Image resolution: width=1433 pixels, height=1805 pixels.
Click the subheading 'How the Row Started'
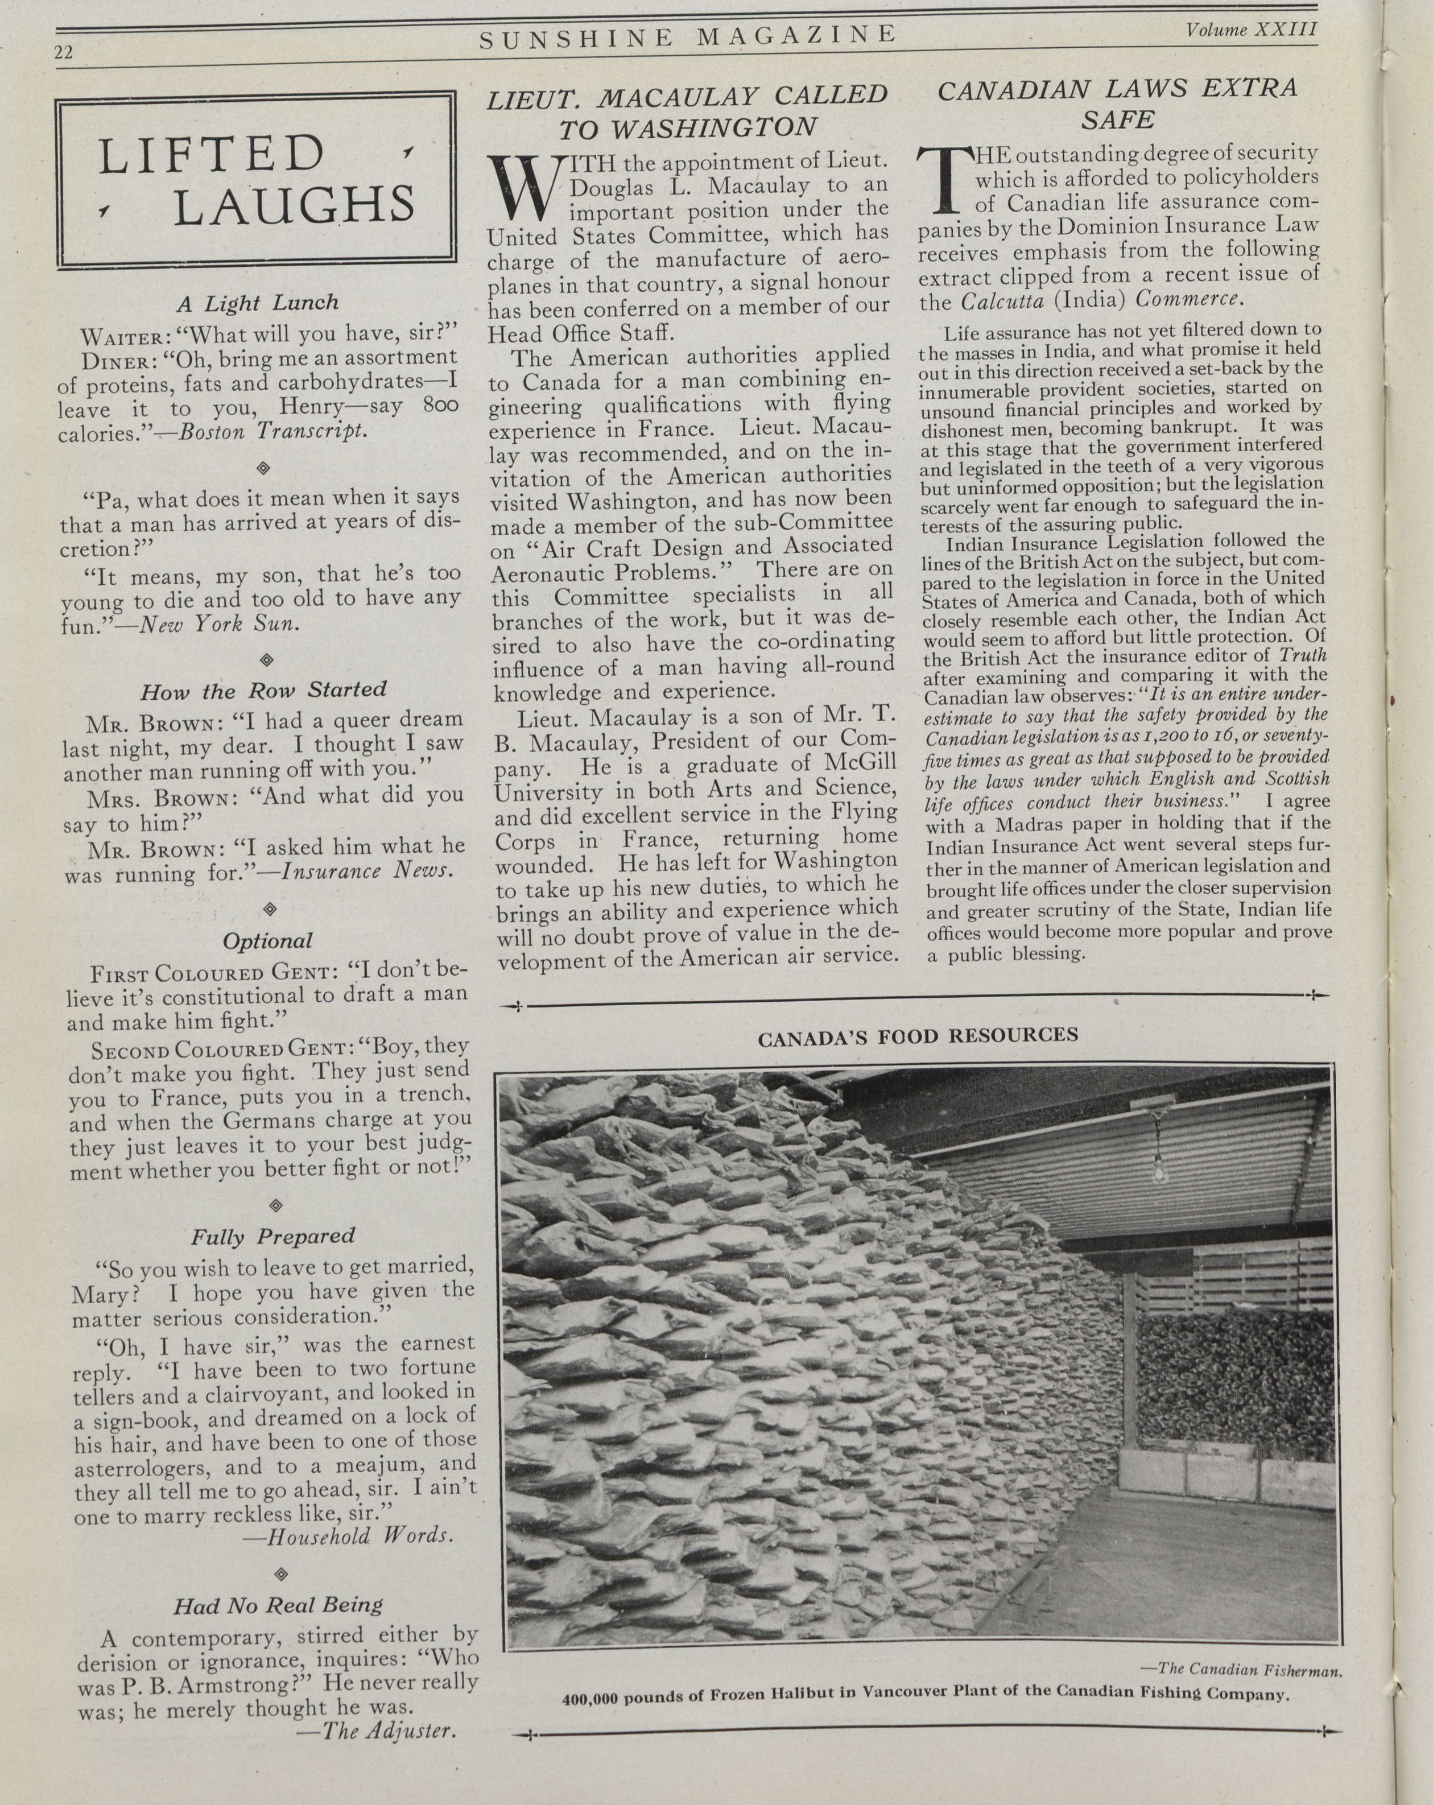(x=263, y=691)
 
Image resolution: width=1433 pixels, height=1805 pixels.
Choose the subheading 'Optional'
(x=267, y=941)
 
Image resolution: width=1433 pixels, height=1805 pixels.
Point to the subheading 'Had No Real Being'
(x=278, y=1605)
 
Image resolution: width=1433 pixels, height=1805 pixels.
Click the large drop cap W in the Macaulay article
(x=520, y=186)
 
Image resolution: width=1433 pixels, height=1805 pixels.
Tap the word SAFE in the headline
(x=1117, y=119)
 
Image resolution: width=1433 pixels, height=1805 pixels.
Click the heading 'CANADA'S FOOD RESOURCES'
(x=918, y=1036)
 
